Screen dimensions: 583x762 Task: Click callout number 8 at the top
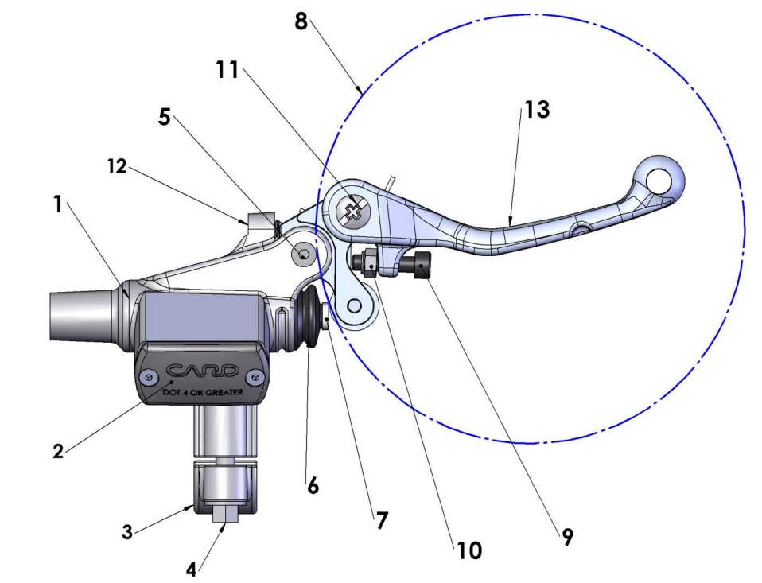(300, 21)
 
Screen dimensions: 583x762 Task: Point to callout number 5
(164, 116)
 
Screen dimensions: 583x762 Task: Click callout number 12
(115, 167)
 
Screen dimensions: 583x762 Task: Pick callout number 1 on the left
(57, 204)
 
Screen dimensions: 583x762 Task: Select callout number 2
(57, 451)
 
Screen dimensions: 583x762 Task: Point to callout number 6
(313, 485)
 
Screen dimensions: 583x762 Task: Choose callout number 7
(381, 520)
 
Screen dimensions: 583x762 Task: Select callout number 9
(566, 538)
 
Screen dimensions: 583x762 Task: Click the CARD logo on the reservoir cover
(202, 371)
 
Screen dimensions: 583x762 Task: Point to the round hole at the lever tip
(660, 180)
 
